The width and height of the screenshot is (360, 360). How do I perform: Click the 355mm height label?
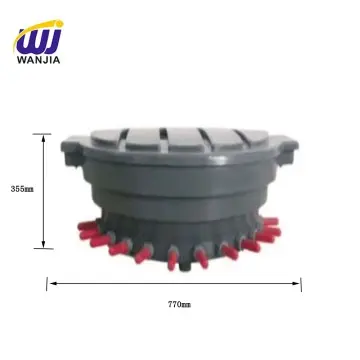tap(19, 188)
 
